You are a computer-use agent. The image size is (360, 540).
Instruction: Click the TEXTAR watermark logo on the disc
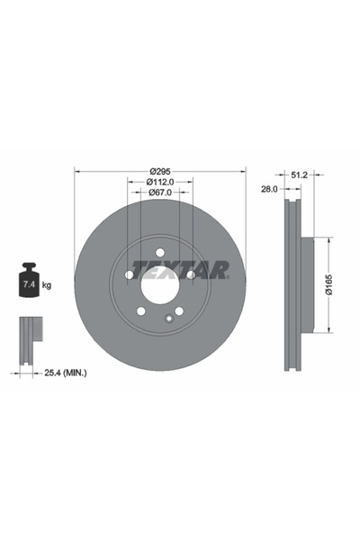180,269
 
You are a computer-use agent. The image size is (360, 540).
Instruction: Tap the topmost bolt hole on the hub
159,253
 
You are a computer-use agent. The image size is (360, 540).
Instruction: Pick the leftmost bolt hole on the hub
129,274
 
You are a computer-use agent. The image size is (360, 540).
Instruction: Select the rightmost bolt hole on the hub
190,274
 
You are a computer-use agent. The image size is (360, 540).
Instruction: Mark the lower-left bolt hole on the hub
140,311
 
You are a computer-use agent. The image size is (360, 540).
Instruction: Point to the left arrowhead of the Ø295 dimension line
76,171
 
